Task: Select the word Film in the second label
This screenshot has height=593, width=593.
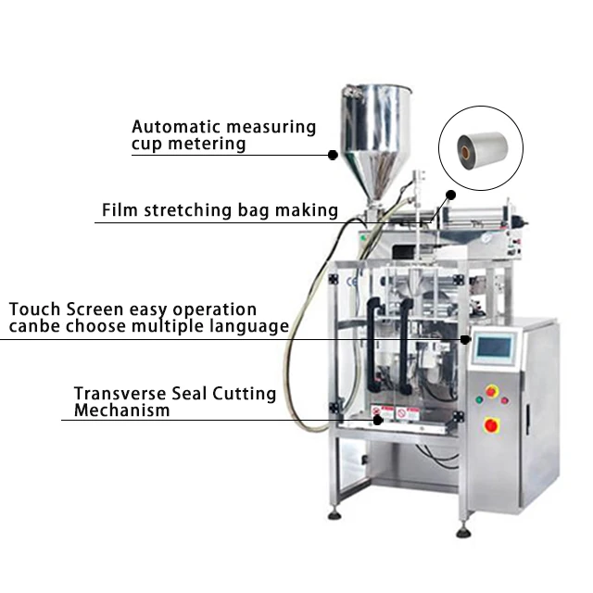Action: (118, 210)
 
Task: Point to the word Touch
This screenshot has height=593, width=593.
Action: (33, 309)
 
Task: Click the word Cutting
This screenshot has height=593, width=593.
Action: (245, 393)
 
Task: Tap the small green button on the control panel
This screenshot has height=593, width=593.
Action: (478, 399)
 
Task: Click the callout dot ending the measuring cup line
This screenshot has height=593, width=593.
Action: (333, 156)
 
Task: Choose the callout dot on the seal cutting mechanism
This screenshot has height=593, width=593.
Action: (377, 420)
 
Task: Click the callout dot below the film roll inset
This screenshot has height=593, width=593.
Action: (451, 196)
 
